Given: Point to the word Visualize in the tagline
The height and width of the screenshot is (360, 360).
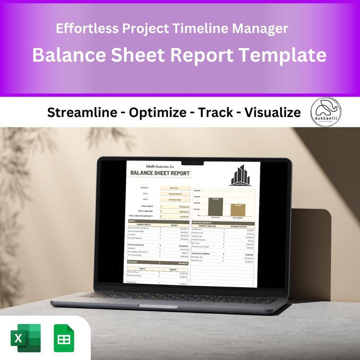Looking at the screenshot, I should [x=272, y=112].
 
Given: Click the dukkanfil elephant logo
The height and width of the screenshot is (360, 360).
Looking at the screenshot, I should [x=326, y=112].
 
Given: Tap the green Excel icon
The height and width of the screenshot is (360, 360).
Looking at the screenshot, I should [x=25, y=338].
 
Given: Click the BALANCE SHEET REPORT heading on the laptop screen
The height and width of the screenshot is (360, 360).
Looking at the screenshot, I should [x=160, y=173].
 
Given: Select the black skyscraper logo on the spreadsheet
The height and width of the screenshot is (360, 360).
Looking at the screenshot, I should [x=240, y=175].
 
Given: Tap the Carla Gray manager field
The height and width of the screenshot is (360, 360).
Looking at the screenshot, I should [x=175, y=187].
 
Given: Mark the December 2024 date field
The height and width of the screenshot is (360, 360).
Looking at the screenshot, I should [x=175, y=199].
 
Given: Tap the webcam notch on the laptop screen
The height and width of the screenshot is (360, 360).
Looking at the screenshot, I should [x=192, y=161].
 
